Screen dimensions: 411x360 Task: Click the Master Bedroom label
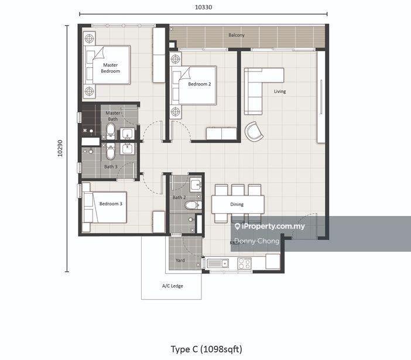[x=110, y=68]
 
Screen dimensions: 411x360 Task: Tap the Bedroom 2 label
[x=200, y=84]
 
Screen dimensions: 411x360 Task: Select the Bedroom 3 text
[x=111, y=204]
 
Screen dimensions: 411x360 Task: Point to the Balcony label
[x=237, y=35]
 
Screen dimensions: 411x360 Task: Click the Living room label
[x=280, y=91]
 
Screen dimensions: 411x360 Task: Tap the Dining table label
[x=237, y=204]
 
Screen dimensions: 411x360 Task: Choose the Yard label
[x=180, y=260]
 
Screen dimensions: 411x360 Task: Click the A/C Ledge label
[x=173, y=286]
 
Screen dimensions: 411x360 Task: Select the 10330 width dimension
[x=203, y=7]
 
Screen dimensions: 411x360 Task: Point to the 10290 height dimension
[x=60, y=148]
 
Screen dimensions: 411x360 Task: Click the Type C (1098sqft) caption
[x=207, y=349]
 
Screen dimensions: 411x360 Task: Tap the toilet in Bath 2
[x=193, y=205]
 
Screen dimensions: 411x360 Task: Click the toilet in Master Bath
[x=111, y=130]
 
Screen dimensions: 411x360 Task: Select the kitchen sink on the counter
[x=218, y=263]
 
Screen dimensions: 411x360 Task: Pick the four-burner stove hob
[x=244, y=263]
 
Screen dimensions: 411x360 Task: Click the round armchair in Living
[x=254, y=131]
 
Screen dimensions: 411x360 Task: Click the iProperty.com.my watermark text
[x=270, y=226]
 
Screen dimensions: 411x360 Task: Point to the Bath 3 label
[x=111, y=167]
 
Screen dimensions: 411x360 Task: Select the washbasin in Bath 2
[x=196, y=185]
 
